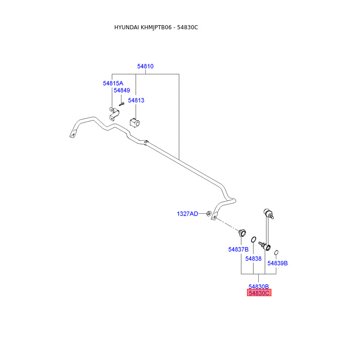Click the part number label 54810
pos(145,66)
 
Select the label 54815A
pos(112,83)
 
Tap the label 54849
pos(121,90)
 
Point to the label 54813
pos(136,100)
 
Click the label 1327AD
pos(187,214)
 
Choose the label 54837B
pos(238,249)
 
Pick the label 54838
pos(253,259)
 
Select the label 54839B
pos(278,263)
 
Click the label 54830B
pos(259,286)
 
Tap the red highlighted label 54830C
pos(259,293)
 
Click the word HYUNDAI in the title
pos(127,27)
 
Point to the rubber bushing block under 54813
pos(134,122)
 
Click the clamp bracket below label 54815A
pos(112,113)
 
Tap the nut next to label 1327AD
pos(209,213)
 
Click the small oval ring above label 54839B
pos(277,252)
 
